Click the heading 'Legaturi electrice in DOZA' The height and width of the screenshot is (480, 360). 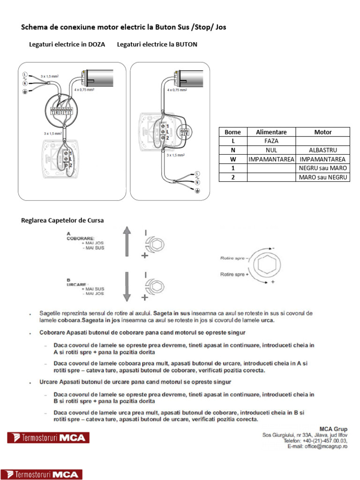coord(67,45)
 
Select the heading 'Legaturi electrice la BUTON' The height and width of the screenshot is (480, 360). coord(157,45)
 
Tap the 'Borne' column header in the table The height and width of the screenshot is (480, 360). coord(232,132)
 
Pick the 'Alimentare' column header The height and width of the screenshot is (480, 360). coord(271,132)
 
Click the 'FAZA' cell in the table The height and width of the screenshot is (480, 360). coord(271,141)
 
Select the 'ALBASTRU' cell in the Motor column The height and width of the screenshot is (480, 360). coord(322,150)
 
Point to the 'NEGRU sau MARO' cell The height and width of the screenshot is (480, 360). coord(322,168)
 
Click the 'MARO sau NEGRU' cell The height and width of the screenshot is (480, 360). coord(322,177)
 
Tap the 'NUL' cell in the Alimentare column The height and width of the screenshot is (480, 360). coord(271,150)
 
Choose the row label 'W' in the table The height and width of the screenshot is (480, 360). coord(232,159)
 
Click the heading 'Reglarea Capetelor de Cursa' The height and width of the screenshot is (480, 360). coord(62,220)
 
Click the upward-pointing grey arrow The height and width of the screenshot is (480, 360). coord(126,241)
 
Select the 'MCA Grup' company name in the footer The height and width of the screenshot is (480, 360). coord(333,428)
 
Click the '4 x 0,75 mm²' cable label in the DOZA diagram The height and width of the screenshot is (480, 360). coord(84,89)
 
